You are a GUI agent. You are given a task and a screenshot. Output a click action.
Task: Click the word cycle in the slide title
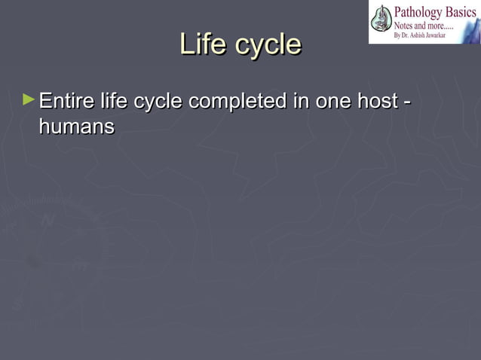(268, 44)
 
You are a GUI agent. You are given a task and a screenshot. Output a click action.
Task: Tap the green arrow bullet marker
(29, 99)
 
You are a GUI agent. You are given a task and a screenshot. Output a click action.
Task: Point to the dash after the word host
(407, 102)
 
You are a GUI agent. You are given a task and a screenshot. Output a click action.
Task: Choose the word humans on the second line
(76, 127)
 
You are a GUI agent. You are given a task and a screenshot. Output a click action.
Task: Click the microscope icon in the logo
(382, 21)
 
